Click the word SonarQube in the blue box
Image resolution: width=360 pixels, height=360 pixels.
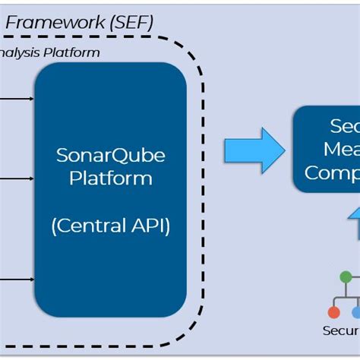coord(110,156)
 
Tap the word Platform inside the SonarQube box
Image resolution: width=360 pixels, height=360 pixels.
coord(110,178)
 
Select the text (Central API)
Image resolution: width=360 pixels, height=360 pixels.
coord(110,226)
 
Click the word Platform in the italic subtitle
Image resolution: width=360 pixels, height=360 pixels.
coord(74,52)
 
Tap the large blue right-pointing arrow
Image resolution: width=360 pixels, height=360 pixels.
coord(254,150)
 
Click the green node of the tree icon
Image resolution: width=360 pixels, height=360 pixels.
coord(346,277)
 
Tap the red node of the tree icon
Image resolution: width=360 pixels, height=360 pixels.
coord(333,312)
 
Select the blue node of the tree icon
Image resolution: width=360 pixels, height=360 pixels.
coord(355,312)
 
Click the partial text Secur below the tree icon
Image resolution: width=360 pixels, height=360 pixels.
coord(341,330)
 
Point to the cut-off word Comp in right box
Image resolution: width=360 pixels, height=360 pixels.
coord(332,172)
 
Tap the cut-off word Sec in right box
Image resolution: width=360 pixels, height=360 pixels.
coord(344,125)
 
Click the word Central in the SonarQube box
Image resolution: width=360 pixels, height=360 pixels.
coord(90,226)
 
